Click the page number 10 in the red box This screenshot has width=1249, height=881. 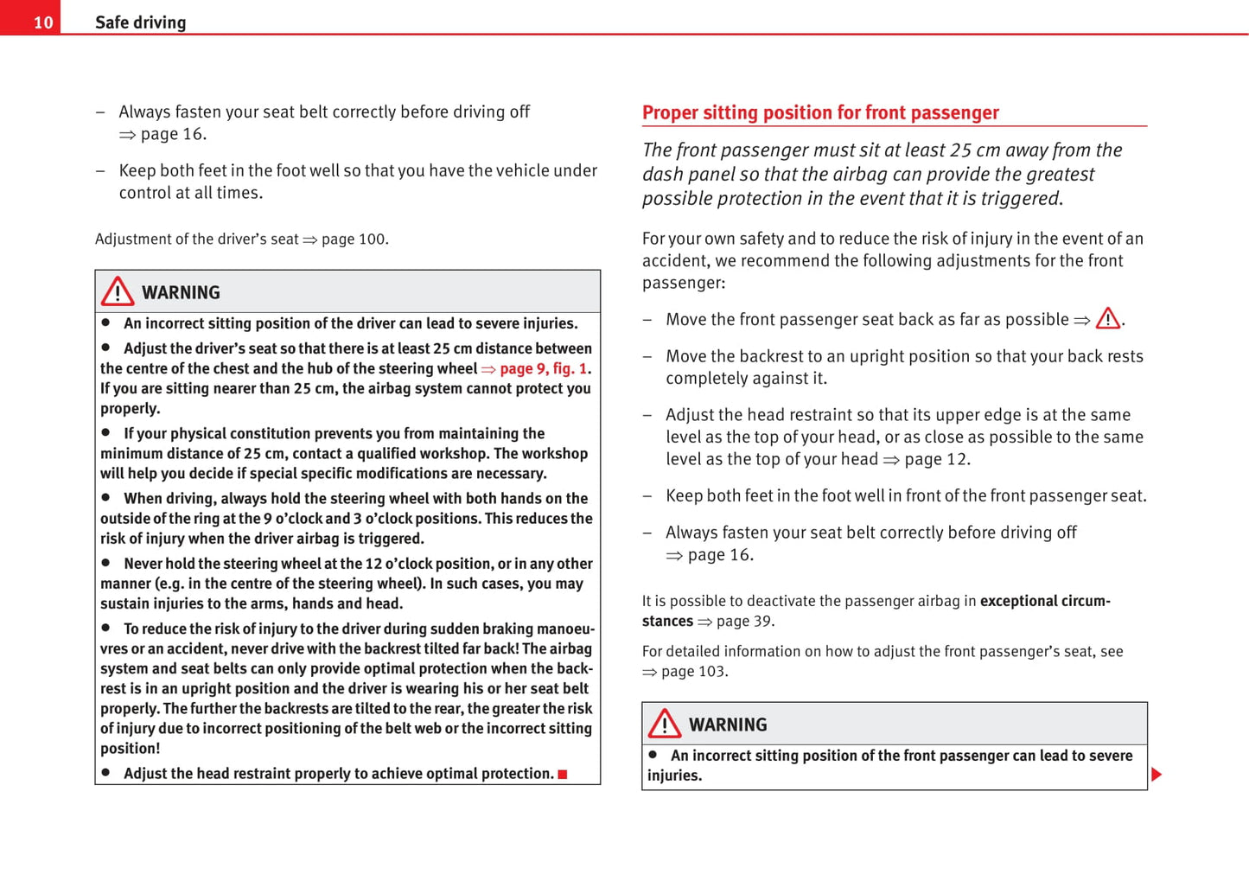coord(42,22)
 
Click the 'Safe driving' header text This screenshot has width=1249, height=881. coord(140,22)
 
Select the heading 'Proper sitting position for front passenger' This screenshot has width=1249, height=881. coord(819,112)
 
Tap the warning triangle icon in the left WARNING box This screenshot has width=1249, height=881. coord(118,292)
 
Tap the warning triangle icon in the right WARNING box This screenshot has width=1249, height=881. coord(665,724)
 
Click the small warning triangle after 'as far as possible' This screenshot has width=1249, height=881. coord(1107,319)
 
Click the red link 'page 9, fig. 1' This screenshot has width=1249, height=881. coord(543,369)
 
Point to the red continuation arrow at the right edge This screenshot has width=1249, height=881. coord(1157,775)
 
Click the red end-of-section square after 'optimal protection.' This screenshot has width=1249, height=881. coord(563,775)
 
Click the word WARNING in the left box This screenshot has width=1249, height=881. coord(181,293)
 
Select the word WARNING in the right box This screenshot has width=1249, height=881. coord(728,725)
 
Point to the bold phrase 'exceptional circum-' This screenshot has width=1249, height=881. coord(1044,601)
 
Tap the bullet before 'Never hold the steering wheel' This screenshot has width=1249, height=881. coord(106,563)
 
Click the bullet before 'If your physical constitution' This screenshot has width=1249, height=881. coord(106,432)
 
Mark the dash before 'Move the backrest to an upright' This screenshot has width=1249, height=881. coord(647,356)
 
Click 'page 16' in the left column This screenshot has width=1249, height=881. coord(173,134)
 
